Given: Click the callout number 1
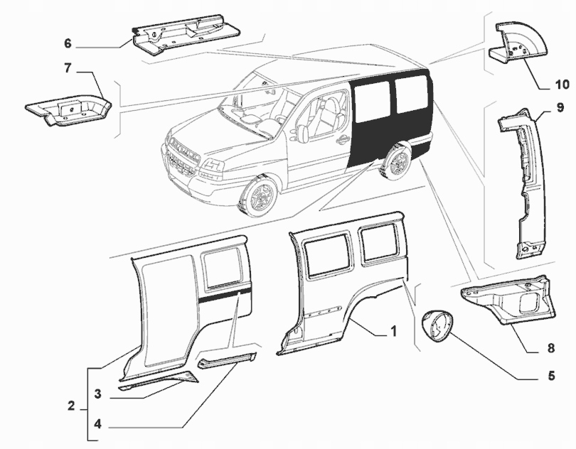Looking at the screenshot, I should click(x=392, y=330).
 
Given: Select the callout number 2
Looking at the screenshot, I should click(x=72, y=406).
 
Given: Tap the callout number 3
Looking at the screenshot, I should click(x=97, y=392).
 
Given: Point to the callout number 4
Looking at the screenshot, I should click(x=97, y=425).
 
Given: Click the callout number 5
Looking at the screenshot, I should click(x=532, y=376).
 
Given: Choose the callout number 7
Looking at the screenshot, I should click(x=68, y=69).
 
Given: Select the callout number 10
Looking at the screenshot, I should click(x=562, y=85).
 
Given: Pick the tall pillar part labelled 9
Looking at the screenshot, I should click(x=525, y=181).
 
